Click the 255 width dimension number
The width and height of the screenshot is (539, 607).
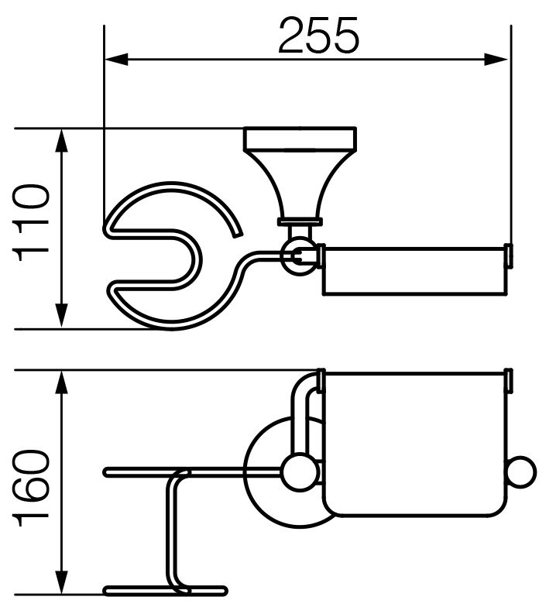[x=319, y=36]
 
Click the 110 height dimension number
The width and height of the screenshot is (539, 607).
[x=31, y=225]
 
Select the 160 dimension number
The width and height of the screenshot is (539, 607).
[x=31, y=489]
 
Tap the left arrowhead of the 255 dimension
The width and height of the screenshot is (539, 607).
[x=116, y=60]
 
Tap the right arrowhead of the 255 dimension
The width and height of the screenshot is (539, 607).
[x=496, y=60]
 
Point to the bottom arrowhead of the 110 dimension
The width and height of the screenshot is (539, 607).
[x=62, y=317]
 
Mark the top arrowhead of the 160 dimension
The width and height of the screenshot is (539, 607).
[x=62, y=382]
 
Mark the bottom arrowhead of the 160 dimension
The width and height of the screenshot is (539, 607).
[x=62, y=593]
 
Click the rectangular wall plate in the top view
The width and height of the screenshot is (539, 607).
[x=300, y=138]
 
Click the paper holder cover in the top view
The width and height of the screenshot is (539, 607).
[x=414, y=269]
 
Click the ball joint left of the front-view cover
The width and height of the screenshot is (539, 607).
[x=297, y=472]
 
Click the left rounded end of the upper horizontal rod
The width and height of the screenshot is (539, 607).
[x=107, y=472]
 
